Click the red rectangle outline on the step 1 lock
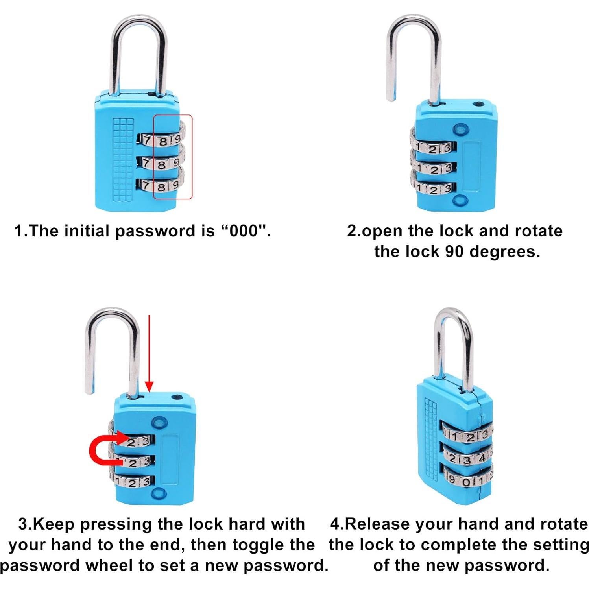(x=192, y=157)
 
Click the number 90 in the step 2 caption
(x=455, y=251)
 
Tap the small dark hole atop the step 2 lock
(x=478, y=105)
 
